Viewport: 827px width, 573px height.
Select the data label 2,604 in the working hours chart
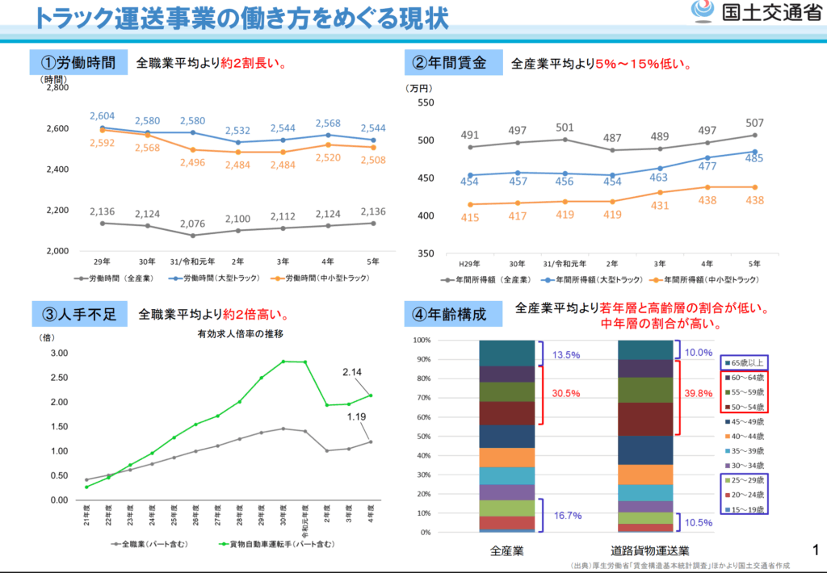103,116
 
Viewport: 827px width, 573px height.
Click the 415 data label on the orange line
470,218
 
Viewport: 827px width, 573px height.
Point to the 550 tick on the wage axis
425,103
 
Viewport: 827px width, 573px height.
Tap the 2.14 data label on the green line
354,371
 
